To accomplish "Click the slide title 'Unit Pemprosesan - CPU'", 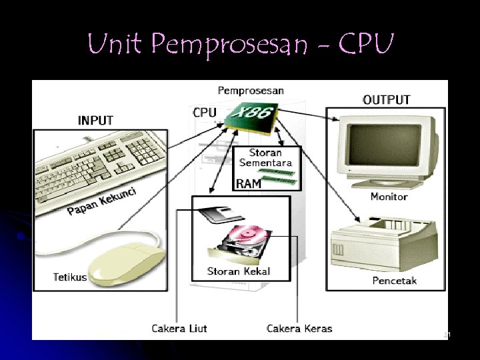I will click(x=241, y=45).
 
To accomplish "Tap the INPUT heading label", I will click(x=95, y=121).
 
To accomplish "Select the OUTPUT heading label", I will click(x=386, y=100).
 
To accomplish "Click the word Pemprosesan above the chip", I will click(x=251, y=90).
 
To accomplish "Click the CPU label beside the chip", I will click(x=205, y=112).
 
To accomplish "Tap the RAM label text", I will click(x=249, y=184).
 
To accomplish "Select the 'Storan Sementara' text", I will click(x=265, y=158).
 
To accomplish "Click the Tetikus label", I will click(x=70, y=277).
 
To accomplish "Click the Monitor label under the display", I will click(x=389, y=197).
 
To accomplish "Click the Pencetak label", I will click(x=394, y=281).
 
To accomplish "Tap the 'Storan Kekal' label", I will click(x=239, y=271).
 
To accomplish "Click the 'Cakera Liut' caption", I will click(x=179, y=328).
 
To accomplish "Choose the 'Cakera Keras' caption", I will click(x=299, y=328).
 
